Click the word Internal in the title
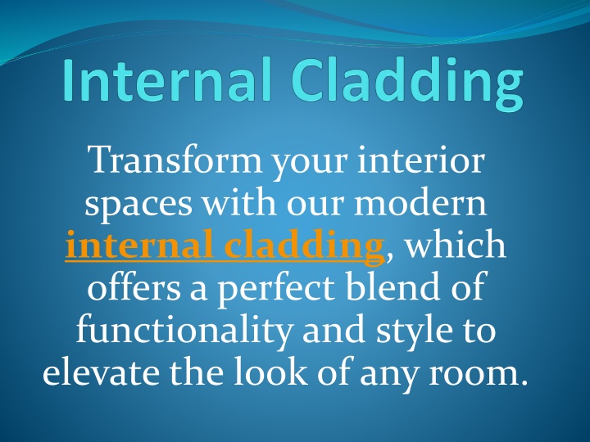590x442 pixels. [167, 79]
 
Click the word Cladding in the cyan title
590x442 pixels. [407, 83]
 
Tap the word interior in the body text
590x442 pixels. [420, 160]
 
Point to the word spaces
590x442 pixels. [138, 205]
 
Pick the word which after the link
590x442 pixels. [456, 244]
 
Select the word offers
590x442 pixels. [134, 286]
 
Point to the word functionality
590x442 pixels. [184, 330]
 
